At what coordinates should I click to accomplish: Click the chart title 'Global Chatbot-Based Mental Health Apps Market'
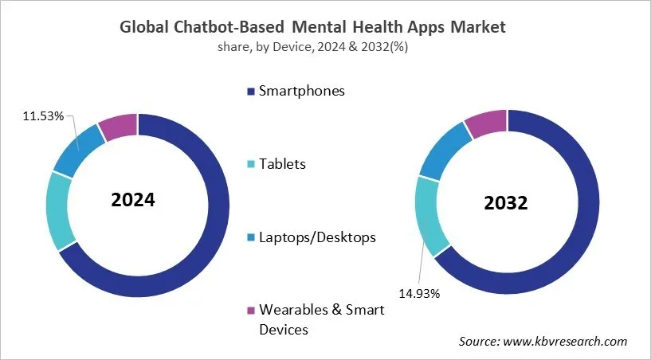312,27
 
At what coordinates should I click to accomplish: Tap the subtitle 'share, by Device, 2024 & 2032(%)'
312,47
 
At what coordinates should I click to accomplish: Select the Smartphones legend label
301,91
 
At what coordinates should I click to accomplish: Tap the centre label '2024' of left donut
133,199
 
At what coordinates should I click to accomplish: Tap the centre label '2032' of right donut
506,203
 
